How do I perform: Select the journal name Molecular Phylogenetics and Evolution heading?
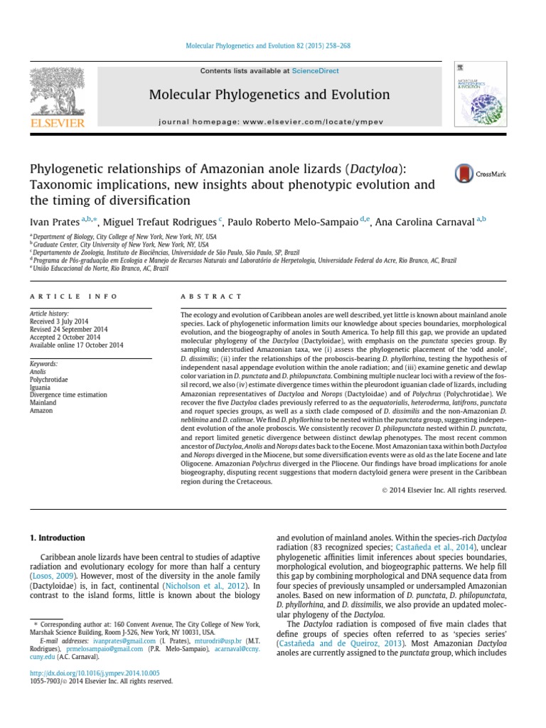click(x=269, y=95)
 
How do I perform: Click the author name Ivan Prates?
click(x=54, y=222)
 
